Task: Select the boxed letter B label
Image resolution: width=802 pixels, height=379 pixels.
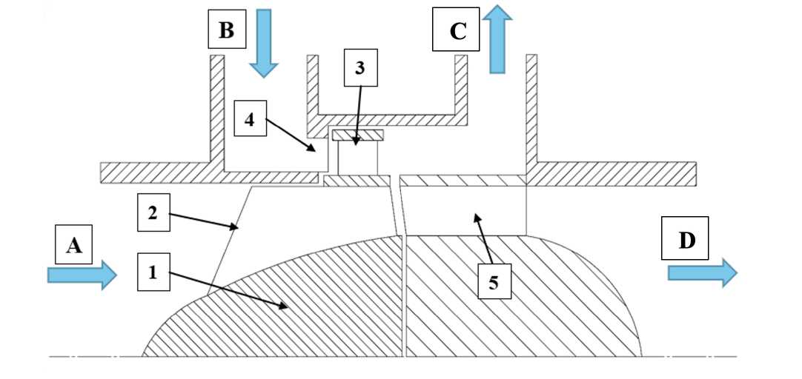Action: tap(226, 30)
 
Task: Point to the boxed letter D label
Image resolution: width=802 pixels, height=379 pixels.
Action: tap(686, 241)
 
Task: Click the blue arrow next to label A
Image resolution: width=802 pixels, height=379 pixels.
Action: tap(82, 275)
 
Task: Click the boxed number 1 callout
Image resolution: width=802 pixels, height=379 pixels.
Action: tap(153, 272)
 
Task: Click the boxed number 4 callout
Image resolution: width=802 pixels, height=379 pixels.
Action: tap(250, 120)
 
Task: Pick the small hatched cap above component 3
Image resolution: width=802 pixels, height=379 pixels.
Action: tap(357, 135)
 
